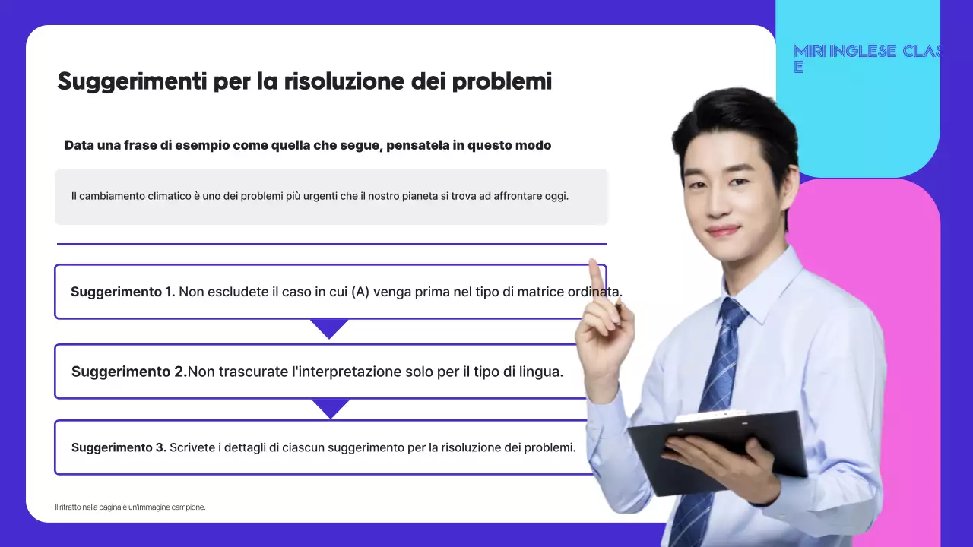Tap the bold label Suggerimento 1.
[x=122, y=292]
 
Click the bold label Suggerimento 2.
[x=128, y=372]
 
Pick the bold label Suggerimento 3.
[x=119, y=447]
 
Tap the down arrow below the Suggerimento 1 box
[x=329, y=328]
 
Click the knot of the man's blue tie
[x=733, y=311]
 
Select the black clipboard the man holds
[x=718, y=451]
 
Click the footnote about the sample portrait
[x=130, y=507]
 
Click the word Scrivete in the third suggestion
[x=193, y=447]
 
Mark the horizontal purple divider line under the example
[x=331, y=244]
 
